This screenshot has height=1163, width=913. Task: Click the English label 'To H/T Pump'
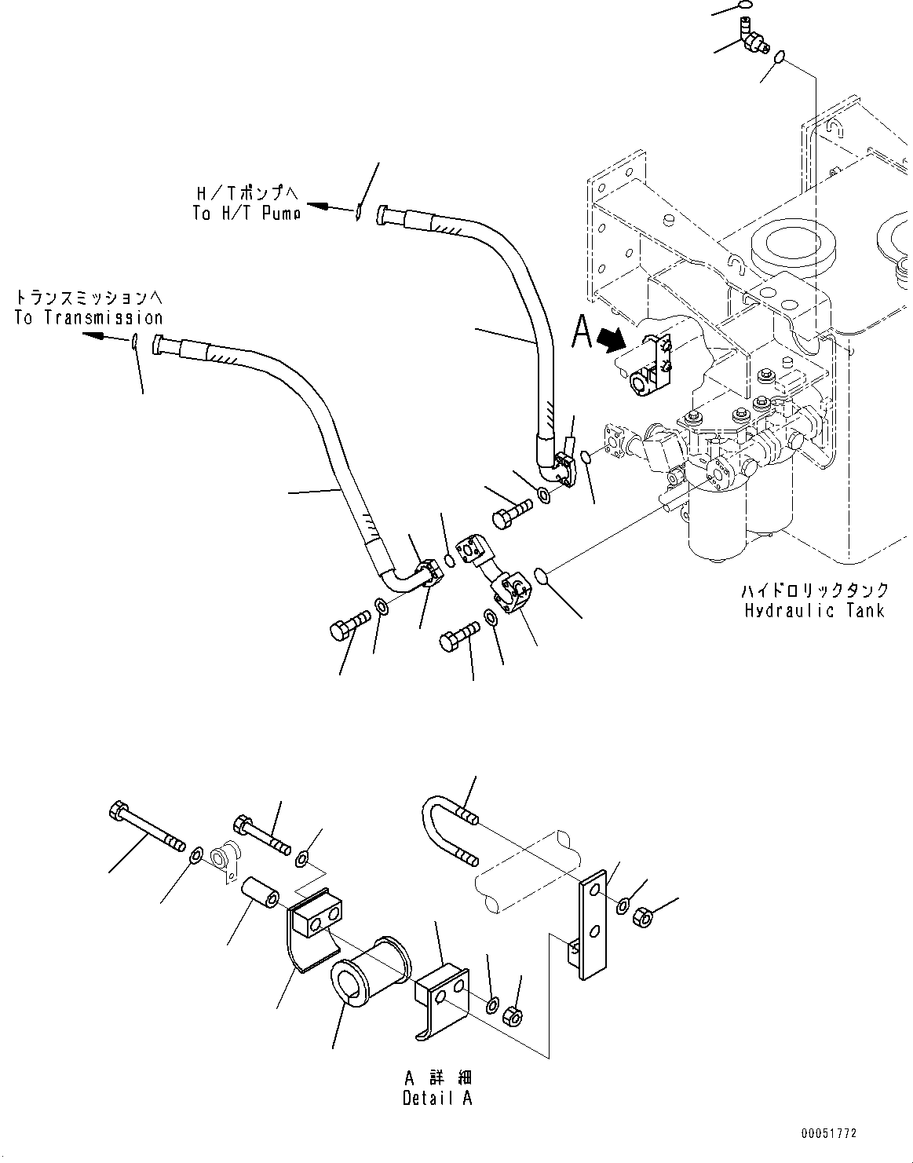(247, 213)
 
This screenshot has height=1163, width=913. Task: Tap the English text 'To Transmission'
(89, 318)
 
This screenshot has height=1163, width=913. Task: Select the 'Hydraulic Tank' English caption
(815, 610)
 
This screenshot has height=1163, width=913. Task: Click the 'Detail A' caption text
(437, 1099)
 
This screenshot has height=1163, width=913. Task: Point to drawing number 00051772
(829, 1134)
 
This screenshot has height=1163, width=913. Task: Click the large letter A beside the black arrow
(582, 332)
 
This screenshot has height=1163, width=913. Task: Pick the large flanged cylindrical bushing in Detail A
(371, 971)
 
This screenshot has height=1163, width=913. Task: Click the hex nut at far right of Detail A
(641, 916)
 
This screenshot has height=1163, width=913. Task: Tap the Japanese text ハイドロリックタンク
(816, 590)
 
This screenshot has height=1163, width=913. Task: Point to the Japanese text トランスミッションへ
(88, 298)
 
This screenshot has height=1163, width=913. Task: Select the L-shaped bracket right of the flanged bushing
(442, 993)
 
